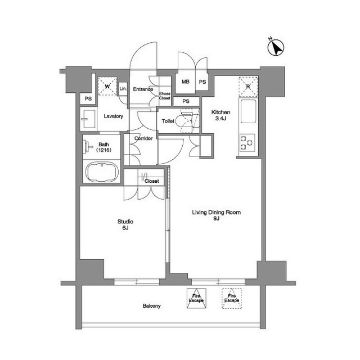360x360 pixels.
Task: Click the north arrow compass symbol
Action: [x=276, y=47]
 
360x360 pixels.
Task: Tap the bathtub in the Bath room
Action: [x=102, y=172]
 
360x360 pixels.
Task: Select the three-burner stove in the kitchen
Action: [x=247, y=143]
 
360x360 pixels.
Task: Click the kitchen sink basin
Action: [x=248, y=111]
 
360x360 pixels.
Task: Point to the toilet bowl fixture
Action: [x=186, y=121]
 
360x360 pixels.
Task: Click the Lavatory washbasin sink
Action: [x=88, y=119]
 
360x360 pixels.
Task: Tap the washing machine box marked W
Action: [x=107, y=86]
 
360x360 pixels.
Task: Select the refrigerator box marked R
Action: [x=248, y=87]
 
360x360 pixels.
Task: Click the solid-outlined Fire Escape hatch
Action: [x=196, y=298]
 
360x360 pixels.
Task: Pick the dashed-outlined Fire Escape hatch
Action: [x=232, y=298]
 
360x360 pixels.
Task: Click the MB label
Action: [x=186, y=82]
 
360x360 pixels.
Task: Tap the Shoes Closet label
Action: [x=165, y=96]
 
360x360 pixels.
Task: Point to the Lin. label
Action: [x=123, y=88]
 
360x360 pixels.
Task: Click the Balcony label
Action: [x=151, y=306]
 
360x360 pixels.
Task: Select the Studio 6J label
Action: [x=125, y=224]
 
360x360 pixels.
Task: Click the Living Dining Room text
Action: [x=216, y=213]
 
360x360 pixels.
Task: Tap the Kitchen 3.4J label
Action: [x=220, y=115]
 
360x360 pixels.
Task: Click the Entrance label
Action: [x=143, y=89]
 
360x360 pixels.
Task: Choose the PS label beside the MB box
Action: [x=202, y=82]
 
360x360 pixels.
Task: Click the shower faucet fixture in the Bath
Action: [x=88, y=147]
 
